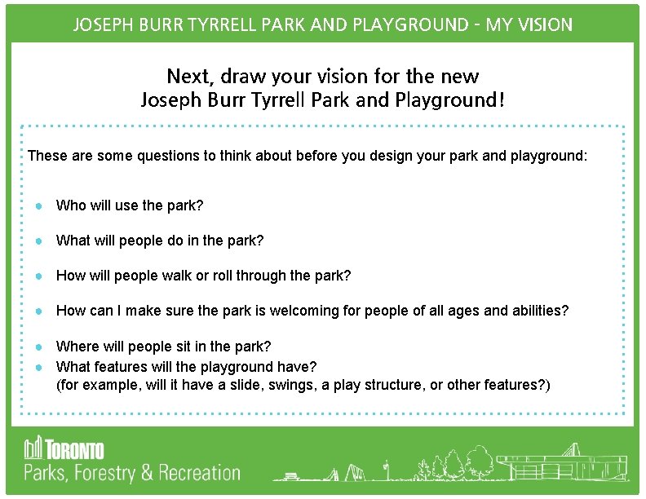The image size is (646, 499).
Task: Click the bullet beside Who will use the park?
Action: click(38, 205)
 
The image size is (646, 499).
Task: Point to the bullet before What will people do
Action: click(38, 241)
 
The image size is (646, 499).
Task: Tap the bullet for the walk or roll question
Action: click(38, 276)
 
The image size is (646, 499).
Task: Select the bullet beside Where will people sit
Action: click(38, 347)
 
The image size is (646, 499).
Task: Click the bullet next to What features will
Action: click(38, 366)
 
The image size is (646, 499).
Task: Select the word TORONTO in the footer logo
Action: click(74, 449)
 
